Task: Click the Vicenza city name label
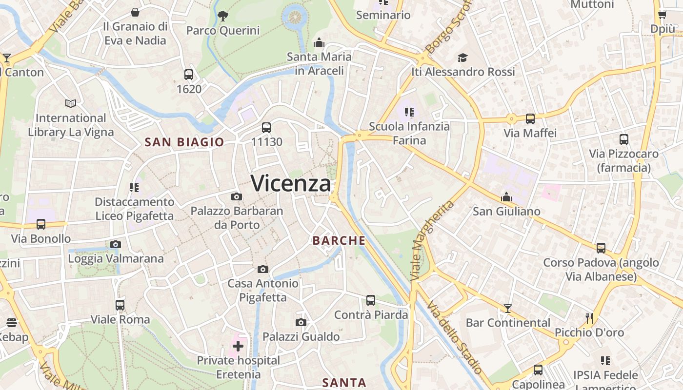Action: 291,183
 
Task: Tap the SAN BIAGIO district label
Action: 184,142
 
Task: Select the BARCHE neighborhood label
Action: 339,240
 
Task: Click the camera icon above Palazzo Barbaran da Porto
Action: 237,196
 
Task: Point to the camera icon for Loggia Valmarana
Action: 116,244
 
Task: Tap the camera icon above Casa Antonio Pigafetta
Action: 263,269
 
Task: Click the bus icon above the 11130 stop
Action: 266,128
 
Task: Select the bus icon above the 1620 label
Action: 189,75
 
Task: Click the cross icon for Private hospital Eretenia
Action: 238,347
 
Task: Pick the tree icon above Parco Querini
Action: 223,16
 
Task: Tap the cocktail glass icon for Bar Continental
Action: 508,308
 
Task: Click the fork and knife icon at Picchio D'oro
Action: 589,318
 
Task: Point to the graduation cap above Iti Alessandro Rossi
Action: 463,58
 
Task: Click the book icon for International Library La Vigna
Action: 71,103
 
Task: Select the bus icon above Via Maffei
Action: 530,118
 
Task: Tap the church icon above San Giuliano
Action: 506,197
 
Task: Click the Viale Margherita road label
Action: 432,240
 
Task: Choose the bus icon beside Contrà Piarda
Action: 371,300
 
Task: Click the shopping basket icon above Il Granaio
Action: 135,12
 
